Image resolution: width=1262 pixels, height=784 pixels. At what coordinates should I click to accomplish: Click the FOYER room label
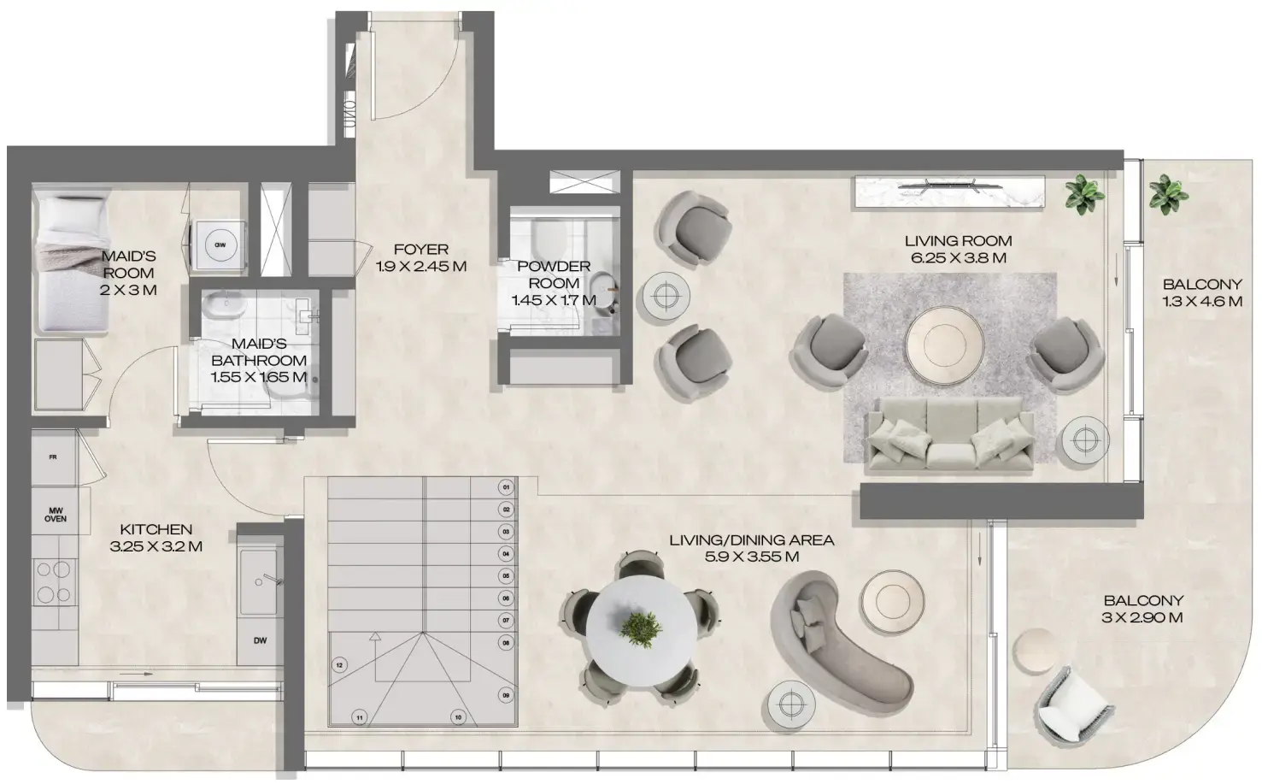click(421, 250)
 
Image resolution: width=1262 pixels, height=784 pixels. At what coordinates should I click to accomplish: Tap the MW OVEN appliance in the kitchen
click(56, 514)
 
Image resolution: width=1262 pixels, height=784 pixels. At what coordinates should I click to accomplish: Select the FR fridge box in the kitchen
click(54, 457)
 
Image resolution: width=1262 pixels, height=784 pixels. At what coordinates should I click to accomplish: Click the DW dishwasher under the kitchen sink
click(259, 640)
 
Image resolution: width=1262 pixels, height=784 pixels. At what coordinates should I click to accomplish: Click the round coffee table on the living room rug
click(947, 344)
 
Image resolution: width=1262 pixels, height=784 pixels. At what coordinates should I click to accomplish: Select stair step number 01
click(506, 488)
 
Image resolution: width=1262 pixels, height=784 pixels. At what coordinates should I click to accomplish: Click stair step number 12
click(339, 664)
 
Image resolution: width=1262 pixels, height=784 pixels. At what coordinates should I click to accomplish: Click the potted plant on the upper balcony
click(1167, 194)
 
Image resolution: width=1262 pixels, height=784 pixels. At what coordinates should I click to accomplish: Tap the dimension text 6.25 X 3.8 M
click(958, 257)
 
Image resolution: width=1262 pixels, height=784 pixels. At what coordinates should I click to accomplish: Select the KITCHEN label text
click(156, 530)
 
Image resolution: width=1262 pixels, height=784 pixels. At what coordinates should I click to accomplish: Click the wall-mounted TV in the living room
click(949, 183)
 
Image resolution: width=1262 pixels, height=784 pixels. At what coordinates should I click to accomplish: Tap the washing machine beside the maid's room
click(220, 245)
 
